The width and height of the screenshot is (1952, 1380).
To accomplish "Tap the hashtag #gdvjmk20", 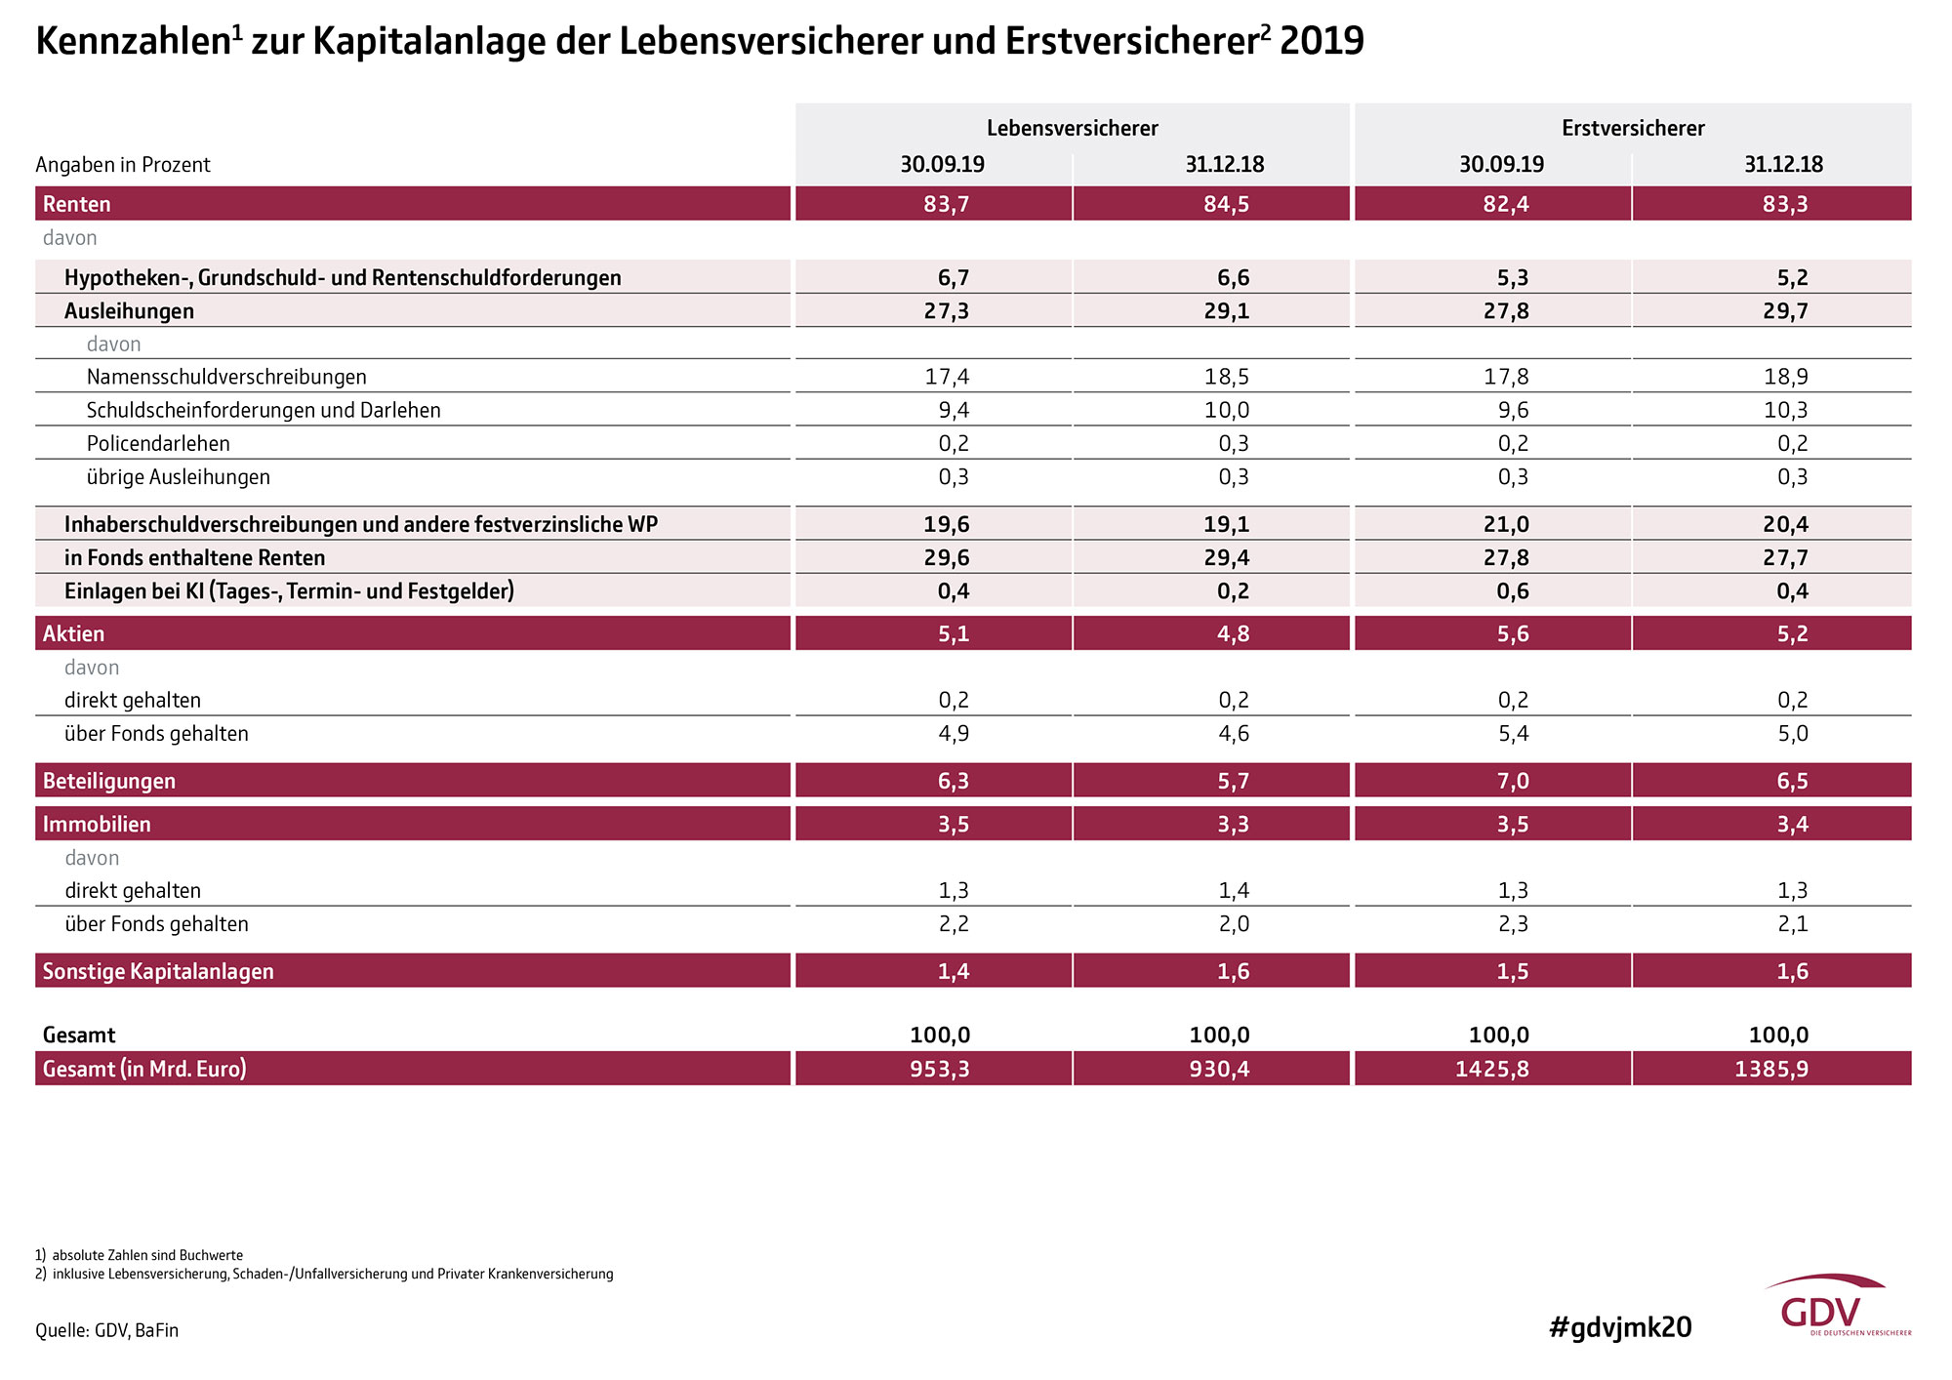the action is pyautogui.click(x=1620, y=1327).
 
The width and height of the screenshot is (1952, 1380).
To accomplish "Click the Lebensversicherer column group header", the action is pyautogui.click(x=1072, y=128).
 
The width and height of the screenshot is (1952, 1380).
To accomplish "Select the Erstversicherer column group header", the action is pyautogui.click(x=1633, y=128).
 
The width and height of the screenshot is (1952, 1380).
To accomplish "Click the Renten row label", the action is pyautogui.click(x=77, y=204).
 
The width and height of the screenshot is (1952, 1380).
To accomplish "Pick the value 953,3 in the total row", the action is pyautogui.click(x=940, y=1069).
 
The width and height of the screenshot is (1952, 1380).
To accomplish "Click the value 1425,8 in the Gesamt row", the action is pyautogui.click(x=1492, y=1069).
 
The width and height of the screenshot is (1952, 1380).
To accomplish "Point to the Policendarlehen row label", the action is pyautogui.click(x=158, y=443).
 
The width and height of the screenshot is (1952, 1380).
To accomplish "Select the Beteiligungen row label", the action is pyautogui.click(x=109, y=781).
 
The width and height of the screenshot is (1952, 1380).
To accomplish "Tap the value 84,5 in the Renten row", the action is pyautogui.click(x=1226, y=204).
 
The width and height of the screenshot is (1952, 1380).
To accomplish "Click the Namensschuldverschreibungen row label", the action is pyautogui.click(x=226, y=377).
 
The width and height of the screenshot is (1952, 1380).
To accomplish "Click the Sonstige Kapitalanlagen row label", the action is pyautogui.click(x=158, y=971).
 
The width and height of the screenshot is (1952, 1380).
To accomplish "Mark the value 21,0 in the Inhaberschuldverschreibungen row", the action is pyautogui.click(x=1506, y=524).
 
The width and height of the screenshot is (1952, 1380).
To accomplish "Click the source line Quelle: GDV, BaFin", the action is pyautogui.click(x=107, y=1330).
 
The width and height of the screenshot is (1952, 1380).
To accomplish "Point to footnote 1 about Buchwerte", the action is pyautogui.click(x=140, y=1255).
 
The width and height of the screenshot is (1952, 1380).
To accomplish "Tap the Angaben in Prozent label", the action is pyautogui.click(x=123, y=165).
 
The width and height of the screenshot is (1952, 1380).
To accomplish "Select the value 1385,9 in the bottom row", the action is pyautogui.click(x=1771, y=1069).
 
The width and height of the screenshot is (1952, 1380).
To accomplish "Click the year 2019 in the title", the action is pyautogui.click(x=1322, y=41).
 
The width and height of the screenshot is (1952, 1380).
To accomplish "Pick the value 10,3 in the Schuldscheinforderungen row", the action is pyautogui.click(x=1786, y=410).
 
